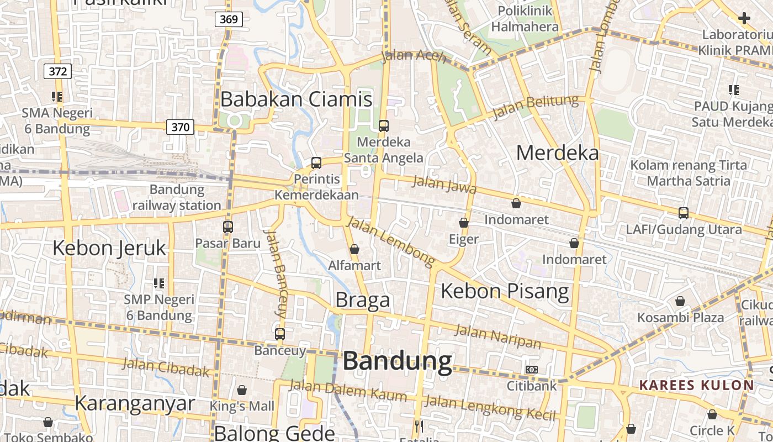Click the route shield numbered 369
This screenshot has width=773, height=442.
point(228,20)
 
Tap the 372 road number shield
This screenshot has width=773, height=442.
point(57,71)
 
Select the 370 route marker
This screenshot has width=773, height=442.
point(180,127)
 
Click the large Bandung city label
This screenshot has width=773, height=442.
point(398,361)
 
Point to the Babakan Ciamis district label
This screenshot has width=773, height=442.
point(297,99)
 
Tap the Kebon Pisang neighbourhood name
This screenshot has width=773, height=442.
point(505,291)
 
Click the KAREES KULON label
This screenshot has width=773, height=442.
point(696,385)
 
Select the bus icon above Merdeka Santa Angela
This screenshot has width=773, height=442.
point(384,125)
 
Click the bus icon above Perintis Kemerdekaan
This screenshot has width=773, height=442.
point(316,162)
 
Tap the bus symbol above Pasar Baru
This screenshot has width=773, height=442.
point(228,227)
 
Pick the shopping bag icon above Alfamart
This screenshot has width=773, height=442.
point(354,249)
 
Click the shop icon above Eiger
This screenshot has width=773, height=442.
point(464,223)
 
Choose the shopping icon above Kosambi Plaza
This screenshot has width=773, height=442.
point(680,301)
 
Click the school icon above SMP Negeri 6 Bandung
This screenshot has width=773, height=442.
point(159,283)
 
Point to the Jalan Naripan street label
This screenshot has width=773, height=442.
point(497,336)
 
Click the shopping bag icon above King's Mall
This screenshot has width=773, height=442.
point(242,390)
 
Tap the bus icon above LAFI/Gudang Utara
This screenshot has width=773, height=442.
point(684,213)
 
